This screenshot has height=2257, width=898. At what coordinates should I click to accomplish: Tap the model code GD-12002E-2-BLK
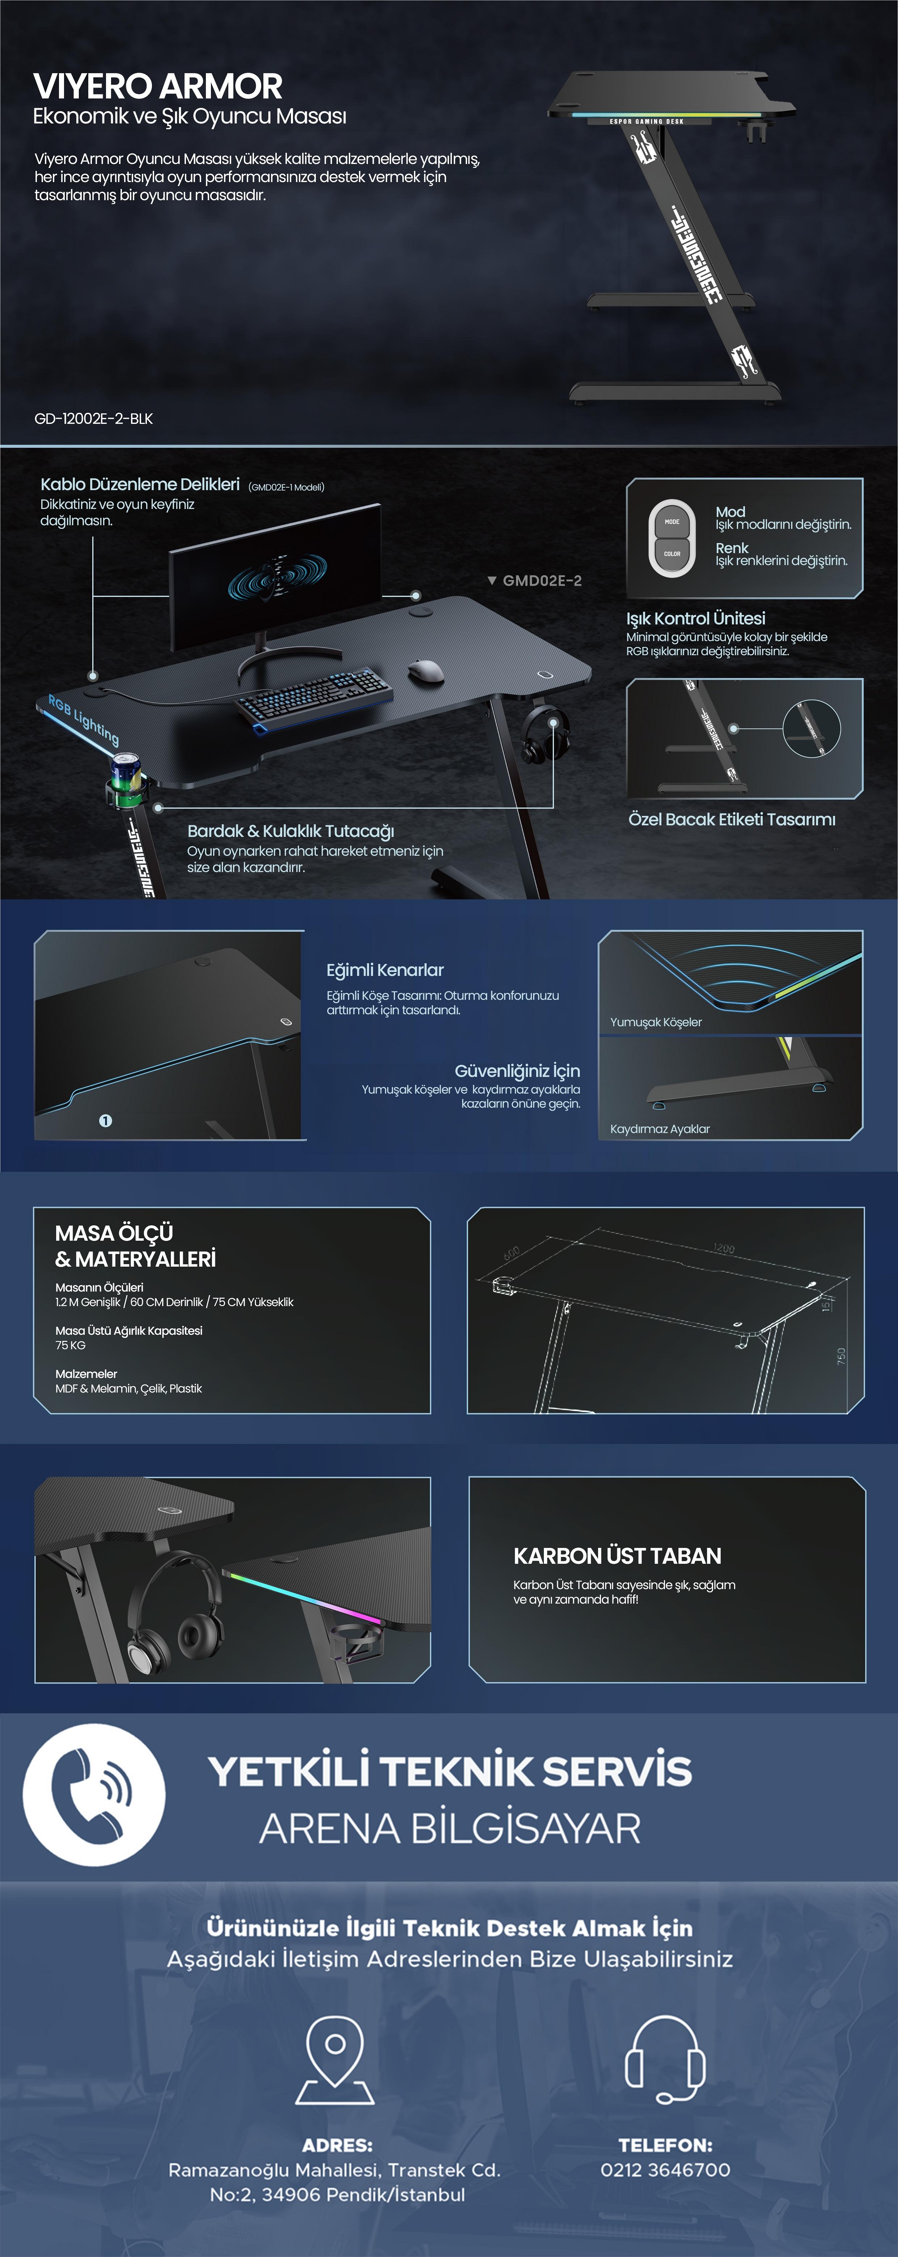coord(94,419)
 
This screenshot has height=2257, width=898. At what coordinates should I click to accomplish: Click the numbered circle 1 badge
coord(105,1121)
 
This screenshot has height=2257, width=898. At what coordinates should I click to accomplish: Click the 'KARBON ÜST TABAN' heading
coord(617,1556)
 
